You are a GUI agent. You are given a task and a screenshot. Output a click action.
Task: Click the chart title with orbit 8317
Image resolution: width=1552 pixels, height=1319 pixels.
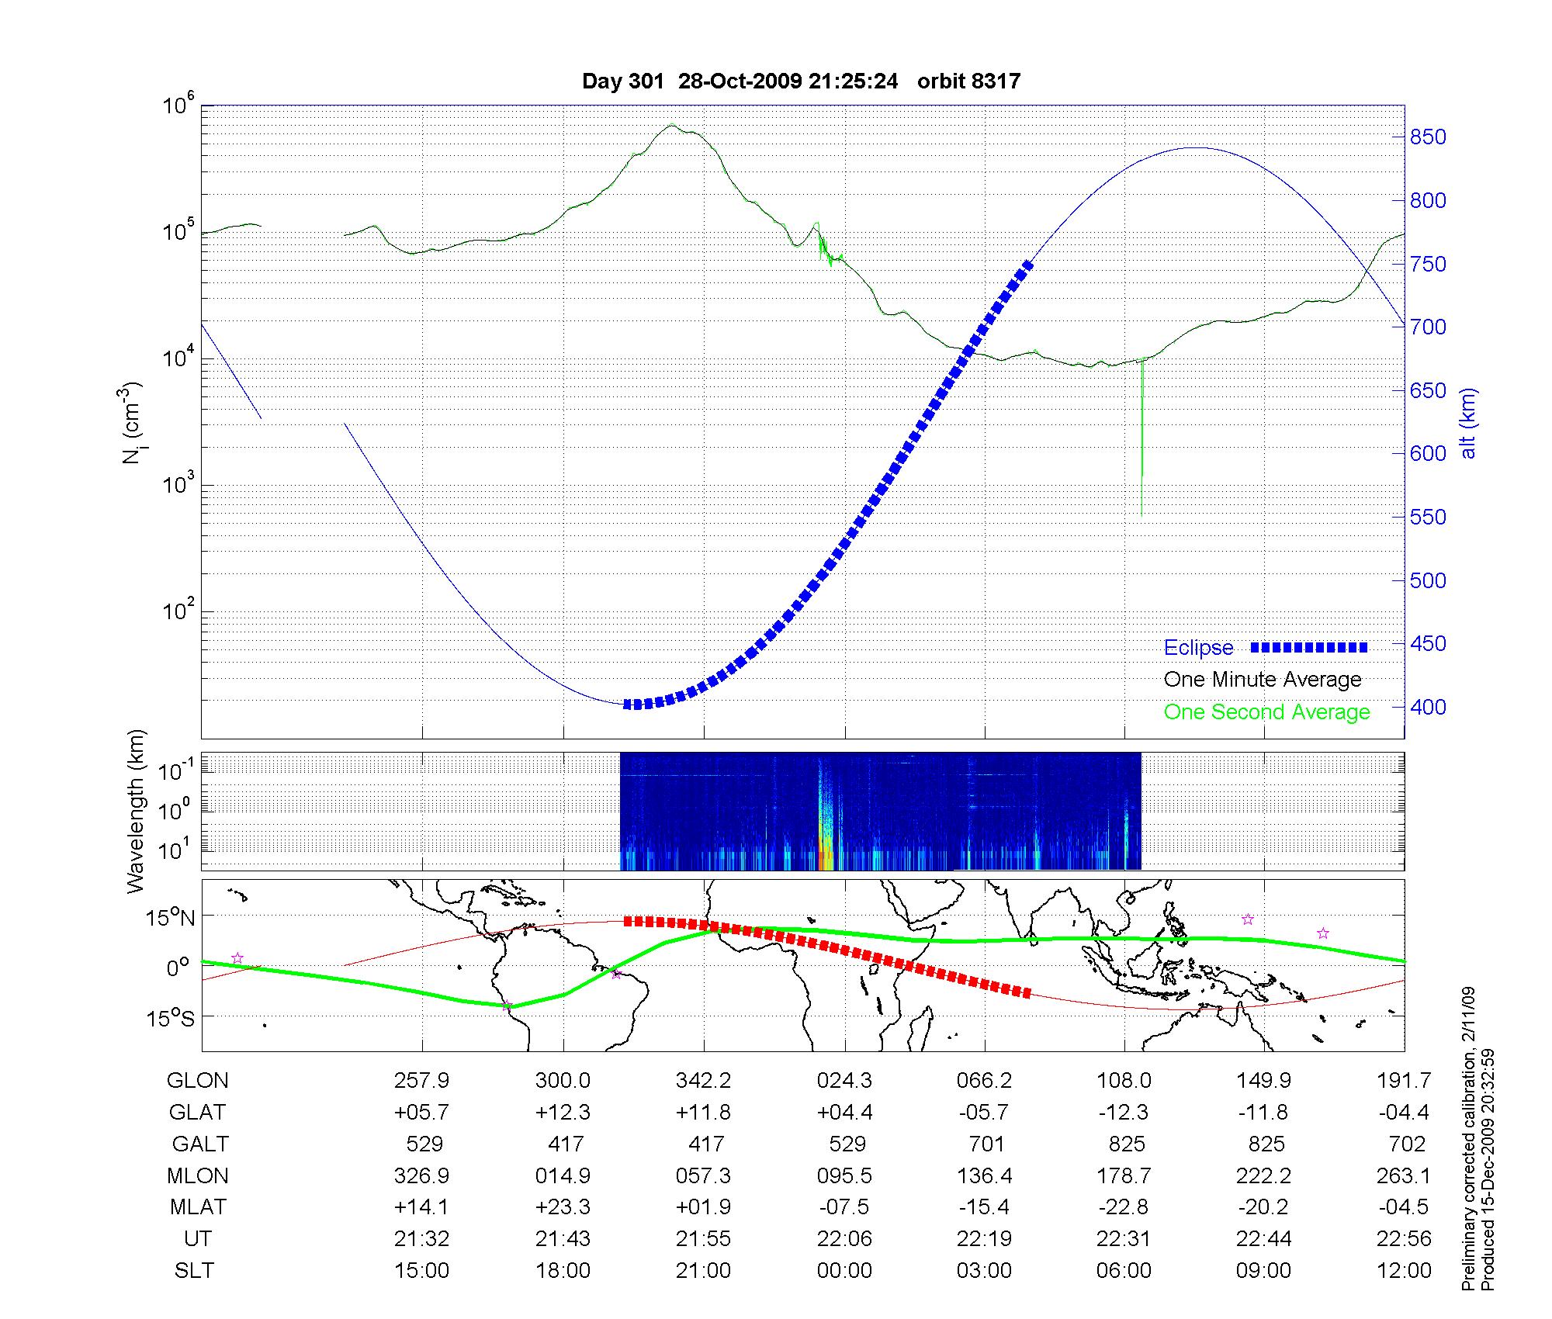point(801,81)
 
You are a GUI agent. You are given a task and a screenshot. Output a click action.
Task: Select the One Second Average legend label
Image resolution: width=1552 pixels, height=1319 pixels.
point(1266,712)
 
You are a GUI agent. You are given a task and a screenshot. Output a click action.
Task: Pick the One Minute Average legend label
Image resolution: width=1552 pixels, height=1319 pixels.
point(1263,680)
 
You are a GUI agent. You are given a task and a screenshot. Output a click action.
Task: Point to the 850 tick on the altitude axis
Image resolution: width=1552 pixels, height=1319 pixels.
point(1428,137)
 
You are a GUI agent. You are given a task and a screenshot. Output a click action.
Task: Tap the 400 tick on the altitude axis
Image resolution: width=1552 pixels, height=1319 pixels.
point(1428,707)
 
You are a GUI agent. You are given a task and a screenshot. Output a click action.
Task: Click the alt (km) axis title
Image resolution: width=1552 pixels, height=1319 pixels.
point(1468,424)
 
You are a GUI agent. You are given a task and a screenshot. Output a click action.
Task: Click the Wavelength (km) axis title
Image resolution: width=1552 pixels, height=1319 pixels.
point(137,811)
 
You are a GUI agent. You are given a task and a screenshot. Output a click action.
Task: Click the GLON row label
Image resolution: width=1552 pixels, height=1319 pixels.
point(198,1081)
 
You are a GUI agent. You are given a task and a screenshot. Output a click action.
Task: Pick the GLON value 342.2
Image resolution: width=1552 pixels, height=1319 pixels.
point(704,1081)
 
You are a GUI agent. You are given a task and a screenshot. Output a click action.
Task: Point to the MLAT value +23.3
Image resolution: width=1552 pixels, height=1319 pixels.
point(563,1207)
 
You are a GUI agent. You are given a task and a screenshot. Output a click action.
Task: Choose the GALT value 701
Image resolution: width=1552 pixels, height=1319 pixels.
point(986,1144)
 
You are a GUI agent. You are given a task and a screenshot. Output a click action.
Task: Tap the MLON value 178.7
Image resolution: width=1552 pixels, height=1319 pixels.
point(1124,1176)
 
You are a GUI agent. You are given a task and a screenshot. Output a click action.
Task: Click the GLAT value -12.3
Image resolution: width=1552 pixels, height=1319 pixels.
point(1124,1113)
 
